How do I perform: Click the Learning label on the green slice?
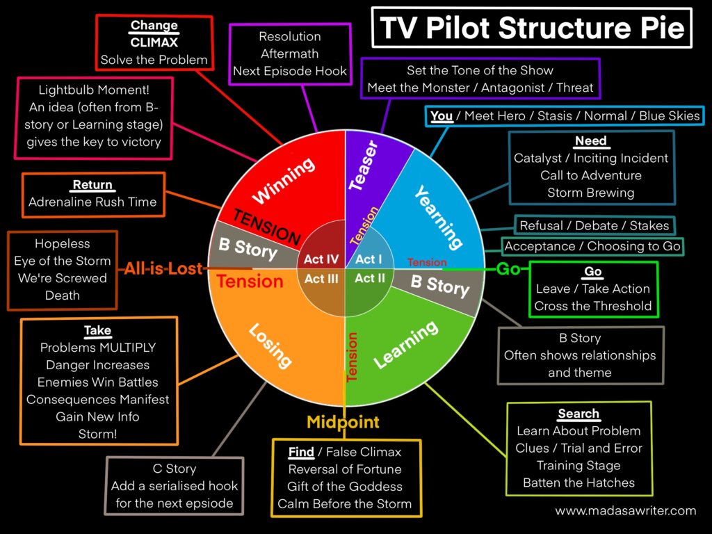click(406, 345)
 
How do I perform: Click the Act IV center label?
click(321, 260)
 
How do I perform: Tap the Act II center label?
click(370, 278)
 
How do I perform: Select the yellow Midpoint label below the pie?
click(343, 422)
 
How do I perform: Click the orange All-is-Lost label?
click(164, 268)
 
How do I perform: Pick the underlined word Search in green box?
click(578, 414)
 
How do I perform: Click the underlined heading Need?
click(591, 141)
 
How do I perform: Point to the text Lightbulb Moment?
click(94, 90)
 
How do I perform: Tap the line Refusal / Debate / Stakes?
click(594, 225)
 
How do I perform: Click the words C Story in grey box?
click(175, 469)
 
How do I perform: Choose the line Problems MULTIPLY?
click(98, 348)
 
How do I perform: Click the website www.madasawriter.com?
click(625, 510)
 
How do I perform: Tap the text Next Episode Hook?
click(290, 71)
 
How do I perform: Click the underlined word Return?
click(92, 185)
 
